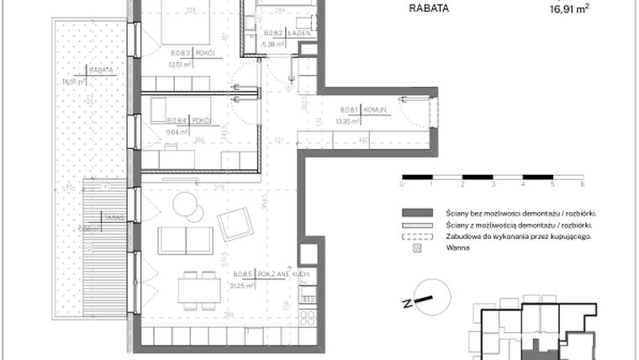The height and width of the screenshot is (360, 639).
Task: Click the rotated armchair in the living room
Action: pyautogui.click(x=235, y=223)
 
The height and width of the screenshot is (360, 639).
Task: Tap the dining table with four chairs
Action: pyautogui.click(x=198, y=289)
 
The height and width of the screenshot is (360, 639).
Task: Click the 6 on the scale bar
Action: pyautogui.click(x=582, y=183)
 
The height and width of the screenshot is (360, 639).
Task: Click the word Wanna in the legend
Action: pyautogui.click(x=457, y=248)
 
